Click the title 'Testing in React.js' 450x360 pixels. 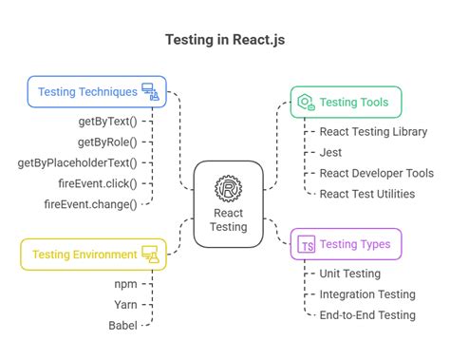point(224,41)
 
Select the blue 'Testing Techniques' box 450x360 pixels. point(96,92)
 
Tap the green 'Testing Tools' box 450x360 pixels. point(346,103)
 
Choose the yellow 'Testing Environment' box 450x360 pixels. point(92,255)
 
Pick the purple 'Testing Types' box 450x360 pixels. point(346,244)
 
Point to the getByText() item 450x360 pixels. point(107,122)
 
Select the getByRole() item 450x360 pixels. point(107,142)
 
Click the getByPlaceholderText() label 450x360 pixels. point(90,162)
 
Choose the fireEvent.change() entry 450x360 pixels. point(90,203)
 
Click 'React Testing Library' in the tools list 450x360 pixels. point(373,132)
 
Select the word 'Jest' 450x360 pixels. point(330,152)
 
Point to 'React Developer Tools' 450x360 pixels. point(376,173)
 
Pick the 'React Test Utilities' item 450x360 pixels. point(366,194)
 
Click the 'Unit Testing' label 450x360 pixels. point(348,274)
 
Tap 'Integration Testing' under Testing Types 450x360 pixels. point(366,294)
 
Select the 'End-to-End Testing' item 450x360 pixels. point(366,315)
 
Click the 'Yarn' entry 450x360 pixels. point(124,305)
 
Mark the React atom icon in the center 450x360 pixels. point(228,189)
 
